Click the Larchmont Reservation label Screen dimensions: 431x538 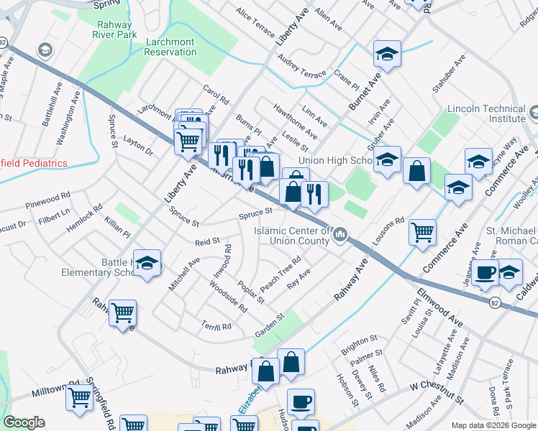(x=170, y=47)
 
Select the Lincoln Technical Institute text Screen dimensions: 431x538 (x=485, y=113)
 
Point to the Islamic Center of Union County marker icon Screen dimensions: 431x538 (x=341, y=234)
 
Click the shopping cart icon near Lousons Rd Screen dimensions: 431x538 (x=422, y=231)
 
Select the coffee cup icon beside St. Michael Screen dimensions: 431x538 (x=486, y=273)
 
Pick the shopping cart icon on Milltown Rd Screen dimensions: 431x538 (x=79, y=396)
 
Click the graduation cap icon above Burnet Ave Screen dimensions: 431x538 (x=387, y=53)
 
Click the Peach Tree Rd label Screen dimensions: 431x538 (x=281, y=274)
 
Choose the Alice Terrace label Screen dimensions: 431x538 (x=255, y=23)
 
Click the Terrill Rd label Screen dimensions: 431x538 (x=216, y=325)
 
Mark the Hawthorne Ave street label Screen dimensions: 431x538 (x=295, y=120)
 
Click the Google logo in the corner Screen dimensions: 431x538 (x=24, y=422)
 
